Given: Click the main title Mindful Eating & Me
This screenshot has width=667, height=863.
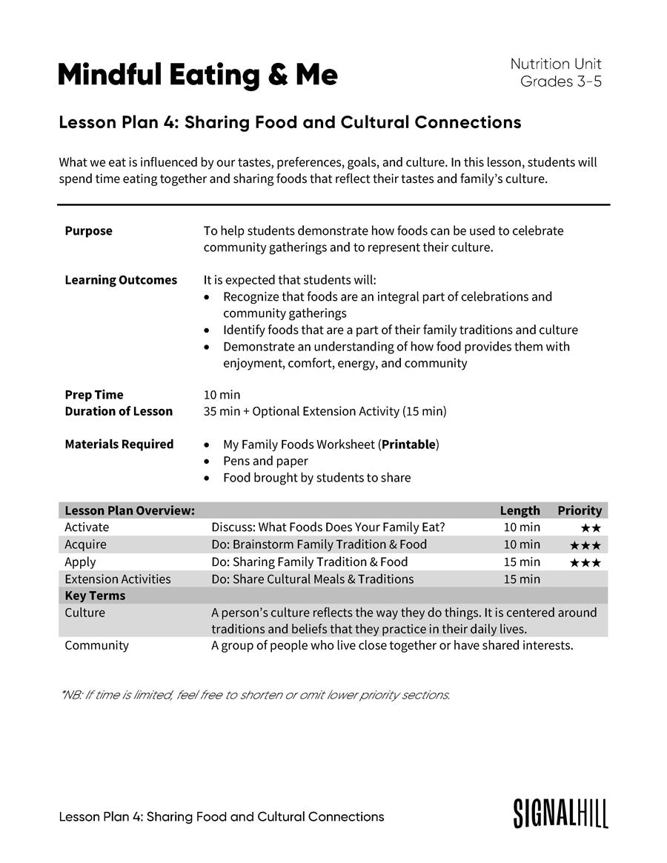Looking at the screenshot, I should pos(197,75).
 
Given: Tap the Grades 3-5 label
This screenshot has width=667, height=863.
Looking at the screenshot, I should pos(560,81).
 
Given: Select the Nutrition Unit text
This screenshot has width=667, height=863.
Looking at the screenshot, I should pos(556,64).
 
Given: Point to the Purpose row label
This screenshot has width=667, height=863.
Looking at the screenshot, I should pos(88,231).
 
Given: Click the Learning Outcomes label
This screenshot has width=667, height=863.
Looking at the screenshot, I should pos(121,280).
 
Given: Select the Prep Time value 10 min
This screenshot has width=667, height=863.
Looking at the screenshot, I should pos(222,395).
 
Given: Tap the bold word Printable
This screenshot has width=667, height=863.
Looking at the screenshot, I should pos(408,444).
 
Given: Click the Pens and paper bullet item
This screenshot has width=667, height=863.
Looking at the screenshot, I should pos(265,461).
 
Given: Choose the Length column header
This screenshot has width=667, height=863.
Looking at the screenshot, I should pos(520,510).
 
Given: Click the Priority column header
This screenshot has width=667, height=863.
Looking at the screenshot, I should pos(580,510).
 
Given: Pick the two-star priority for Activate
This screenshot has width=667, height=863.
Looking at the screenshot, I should pos(591,528).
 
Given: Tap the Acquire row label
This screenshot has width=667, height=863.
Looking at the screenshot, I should pos(85,544).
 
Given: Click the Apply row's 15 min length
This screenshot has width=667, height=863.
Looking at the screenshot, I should pos(522,562).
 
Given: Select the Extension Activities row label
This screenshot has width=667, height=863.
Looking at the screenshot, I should pos(117,579).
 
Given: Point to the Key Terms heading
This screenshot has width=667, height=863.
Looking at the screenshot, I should pos(95,596).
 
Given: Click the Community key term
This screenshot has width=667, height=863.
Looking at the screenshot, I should pos(96,645).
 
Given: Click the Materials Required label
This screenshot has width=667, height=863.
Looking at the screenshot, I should pos(119,444).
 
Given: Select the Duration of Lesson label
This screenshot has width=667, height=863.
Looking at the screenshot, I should pos(119,411).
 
